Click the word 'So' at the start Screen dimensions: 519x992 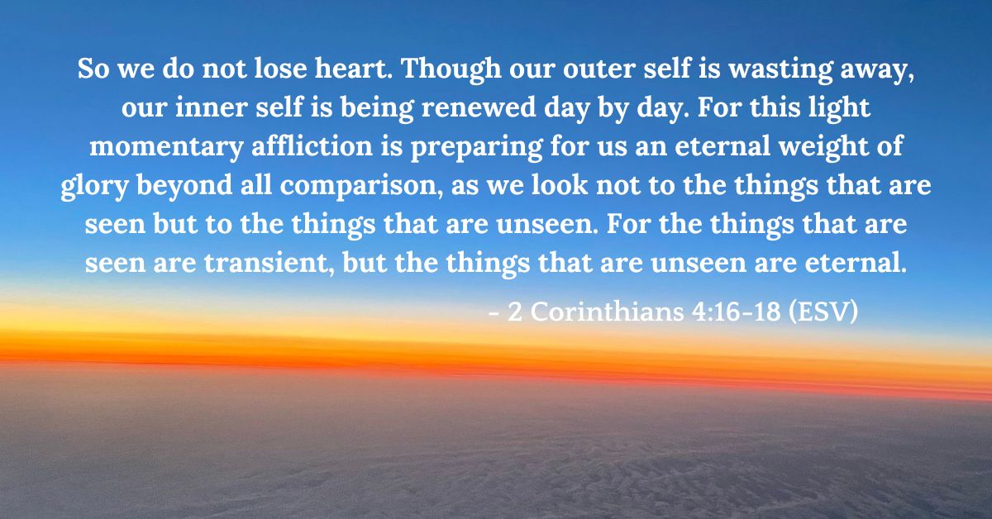[93, 70]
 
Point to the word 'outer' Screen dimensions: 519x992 [587, 70]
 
